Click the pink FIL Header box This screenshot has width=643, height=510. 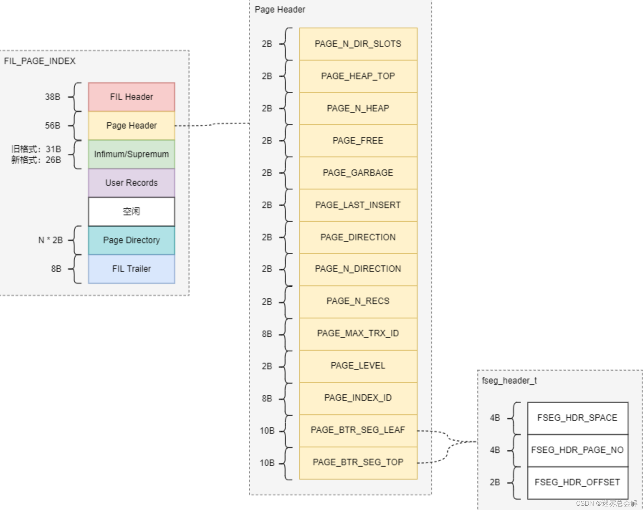point(132,97)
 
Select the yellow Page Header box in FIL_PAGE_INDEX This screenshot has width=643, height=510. point(132,125)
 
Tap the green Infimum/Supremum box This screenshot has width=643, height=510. point(132,154)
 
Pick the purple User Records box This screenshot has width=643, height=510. point(132,183)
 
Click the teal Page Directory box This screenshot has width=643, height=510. point(132,240)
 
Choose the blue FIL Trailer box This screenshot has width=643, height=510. point(132,269)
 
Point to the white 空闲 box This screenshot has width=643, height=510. point(132,211)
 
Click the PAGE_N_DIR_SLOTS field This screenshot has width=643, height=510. point(358,44)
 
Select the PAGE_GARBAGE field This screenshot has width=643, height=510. point(358,173)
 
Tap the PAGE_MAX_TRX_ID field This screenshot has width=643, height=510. point(358,334)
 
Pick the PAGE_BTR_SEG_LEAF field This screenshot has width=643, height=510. point(358,430)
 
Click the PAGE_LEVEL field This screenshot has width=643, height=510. point(358,366)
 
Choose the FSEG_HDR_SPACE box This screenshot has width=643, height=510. point(577,418)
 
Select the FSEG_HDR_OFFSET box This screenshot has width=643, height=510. point(577,482)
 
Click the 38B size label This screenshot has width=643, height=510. point(53,97)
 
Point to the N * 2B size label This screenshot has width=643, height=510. point(51,240)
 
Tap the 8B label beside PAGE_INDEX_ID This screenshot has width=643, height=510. point(267,398)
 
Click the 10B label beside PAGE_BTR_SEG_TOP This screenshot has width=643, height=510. point(267,463)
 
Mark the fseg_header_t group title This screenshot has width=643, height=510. point(509,381)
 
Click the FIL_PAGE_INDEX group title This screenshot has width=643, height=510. point(40,61)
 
